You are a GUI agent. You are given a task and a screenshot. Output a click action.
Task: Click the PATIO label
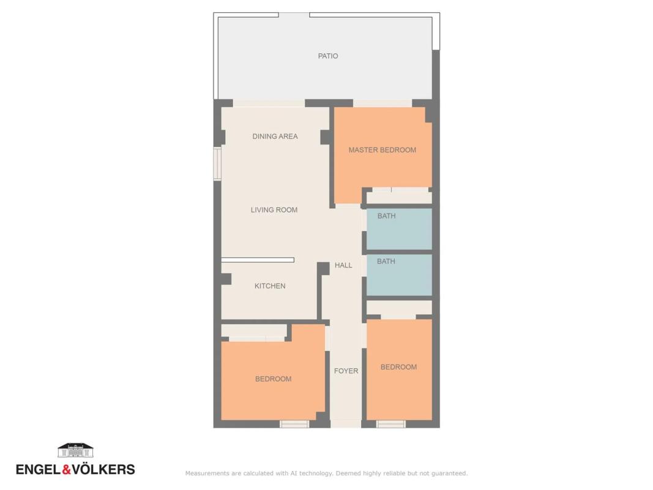328,56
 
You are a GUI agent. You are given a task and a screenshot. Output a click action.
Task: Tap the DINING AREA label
275,136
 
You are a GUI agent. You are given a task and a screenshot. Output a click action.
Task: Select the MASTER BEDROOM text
382,150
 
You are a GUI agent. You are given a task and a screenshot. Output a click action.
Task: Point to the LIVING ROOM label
274,210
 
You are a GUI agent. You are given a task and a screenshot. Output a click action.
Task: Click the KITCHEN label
270,286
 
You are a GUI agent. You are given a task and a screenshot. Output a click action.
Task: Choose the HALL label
343,265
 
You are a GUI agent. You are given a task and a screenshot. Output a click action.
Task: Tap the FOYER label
346,371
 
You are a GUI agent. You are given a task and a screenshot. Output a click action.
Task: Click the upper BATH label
386,216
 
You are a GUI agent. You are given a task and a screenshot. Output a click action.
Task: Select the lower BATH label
386,262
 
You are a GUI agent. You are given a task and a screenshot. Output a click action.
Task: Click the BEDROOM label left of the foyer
273,379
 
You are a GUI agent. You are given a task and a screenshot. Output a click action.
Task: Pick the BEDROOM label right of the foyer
398,367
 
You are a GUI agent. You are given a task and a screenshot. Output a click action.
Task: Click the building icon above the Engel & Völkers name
75,450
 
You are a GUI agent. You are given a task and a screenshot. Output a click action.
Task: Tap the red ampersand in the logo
67,470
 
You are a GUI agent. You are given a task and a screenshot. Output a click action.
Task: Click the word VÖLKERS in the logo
103,469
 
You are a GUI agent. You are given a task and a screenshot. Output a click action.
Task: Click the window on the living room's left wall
217,164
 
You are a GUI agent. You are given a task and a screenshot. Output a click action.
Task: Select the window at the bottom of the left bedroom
294,424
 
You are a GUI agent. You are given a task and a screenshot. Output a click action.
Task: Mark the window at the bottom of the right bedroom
390,424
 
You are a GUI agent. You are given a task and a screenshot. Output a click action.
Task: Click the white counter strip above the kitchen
258,260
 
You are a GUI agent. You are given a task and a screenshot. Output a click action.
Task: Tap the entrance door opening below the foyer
346,424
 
